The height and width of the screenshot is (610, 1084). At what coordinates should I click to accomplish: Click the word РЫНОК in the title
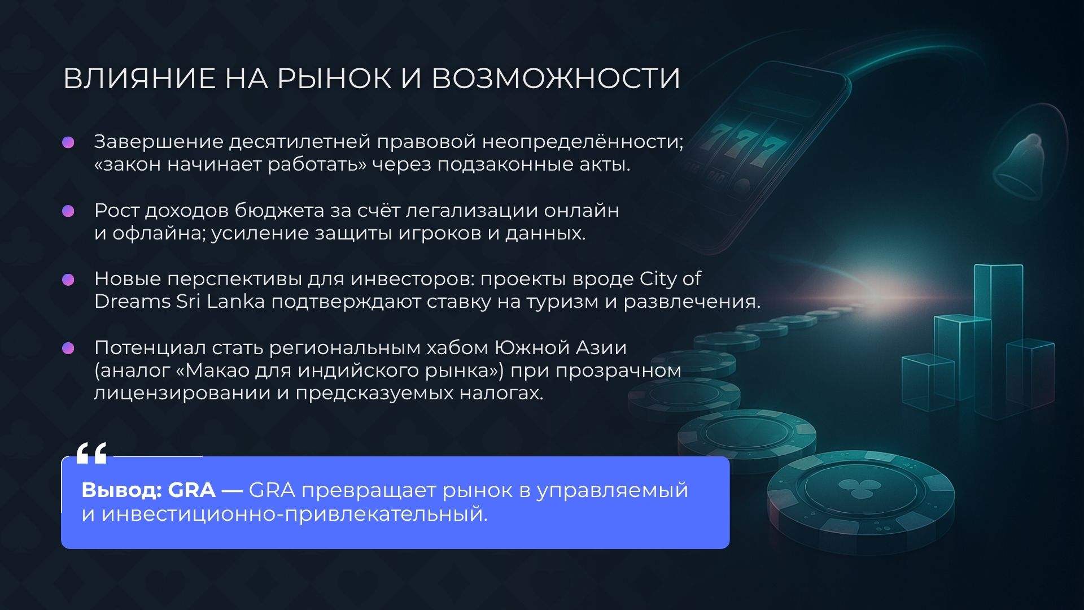point(334,78)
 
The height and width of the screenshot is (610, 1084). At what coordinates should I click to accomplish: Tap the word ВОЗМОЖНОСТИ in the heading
point(556,78)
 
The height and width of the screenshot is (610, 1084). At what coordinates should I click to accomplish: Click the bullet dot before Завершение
point(68,142)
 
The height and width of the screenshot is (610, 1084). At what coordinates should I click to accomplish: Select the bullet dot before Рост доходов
point(68,211)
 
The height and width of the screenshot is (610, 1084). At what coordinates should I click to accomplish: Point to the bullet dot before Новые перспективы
point(68,280)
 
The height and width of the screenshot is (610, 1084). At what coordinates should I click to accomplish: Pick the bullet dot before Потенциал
point(68,348)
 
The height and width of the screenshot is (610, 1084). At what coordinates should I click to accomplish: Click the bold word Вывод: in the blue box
point(121,490)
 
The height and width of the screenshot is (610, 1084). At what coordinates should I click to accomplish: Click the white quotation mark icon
point(91,453)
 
